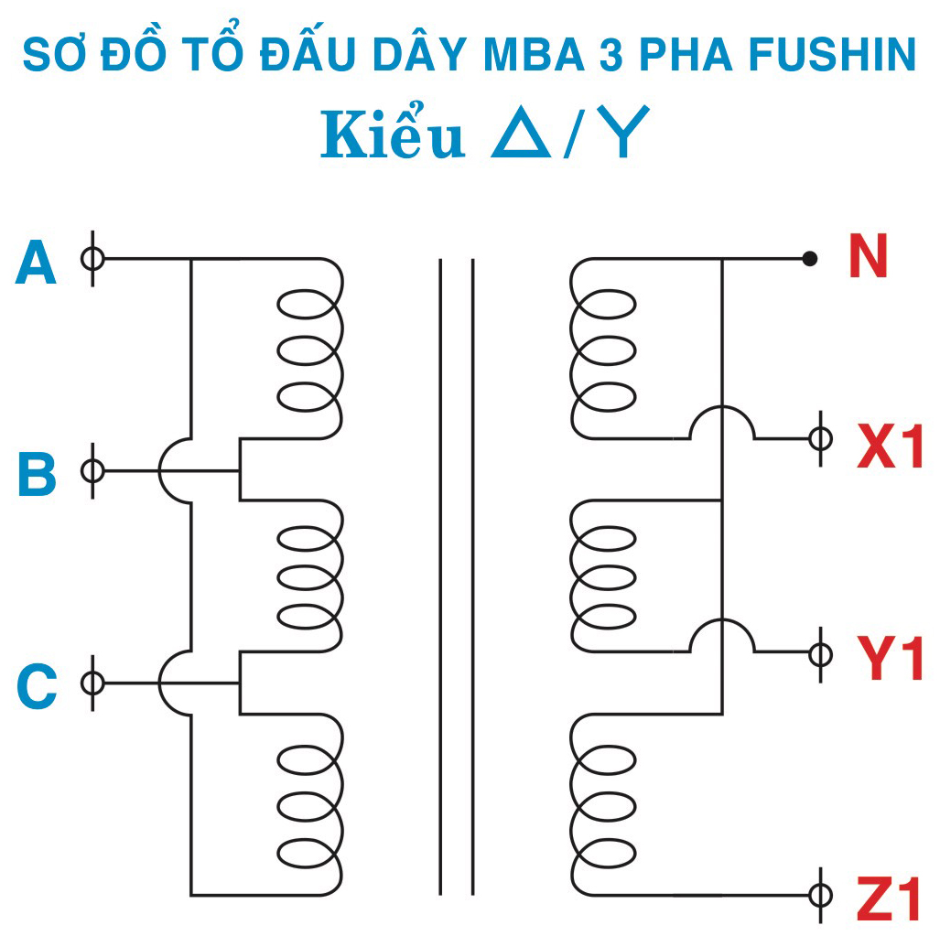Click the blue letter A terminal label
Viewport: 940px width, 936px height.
click(x=37, y=264)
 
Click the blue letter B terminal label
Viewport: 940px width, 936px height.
click(x=38, y=475)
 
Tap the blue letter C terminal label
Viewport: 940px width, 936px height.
click(x=38, y=687)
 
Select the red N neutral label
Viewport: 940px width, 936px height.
click(x=867, y=257)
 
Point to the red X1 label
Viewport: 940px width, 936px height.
click(x=890, y=447)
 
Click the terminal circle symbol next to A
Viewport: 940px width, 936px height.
click(x=92, y=259)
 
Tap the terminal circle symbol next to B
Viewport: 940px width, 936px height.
click(x=92, y=471)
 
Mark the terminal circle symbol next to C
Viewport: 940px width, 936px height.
click(x=92, y=683)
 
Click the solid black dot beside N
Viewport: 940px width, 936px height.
click(x=809, y=259)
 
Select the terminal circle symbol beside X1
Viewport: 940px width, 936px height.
click(x=821, y=439)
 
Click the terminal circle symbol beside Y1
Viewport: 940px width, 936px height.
click(x=821, y=653)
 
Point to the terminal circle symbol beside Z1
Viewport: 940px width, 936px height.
click(x=821, y=894)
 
